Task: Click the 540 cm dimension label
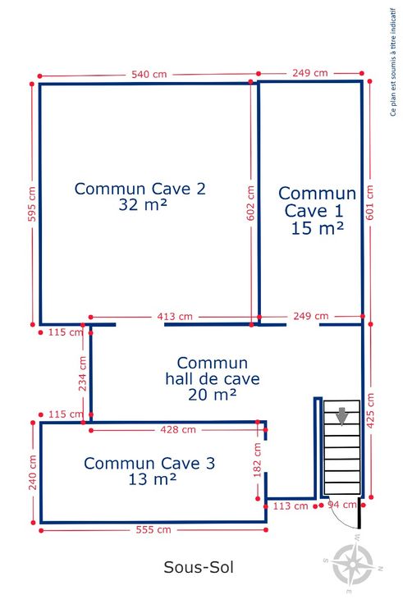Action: coord(149,74)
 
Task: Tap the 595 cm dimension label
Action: coord(32,204)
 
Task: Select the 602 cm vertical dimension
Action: coord(250,203)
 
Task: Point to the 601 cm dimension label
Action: coord(370,202)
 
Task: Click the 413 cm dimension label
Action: coord(175,317)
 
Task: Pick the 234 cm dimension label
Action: coord(82,373)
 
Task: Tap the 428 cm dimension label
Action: coord(178,429)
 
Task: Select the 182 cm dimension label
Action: coord(258,460)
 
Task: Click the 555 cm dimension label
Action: coord(153,529)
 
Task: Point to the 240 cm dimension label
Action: coord(33,473)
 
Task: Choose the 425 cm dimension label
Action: coord(370,410)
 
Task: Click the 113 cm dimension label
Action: coord(291,506)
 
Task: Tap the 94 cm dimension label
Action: coord(342,505)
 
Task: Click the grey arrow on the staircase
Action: coord(342,416)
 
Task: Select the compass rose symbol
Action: coord(353,564)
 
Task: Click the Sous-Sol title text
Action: coord(199,567)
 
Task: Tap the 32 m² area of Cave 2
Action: coord(143,204)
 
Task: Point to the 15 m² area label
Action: coord(317,228)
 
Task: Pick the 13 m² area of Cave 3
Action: coord(152,479)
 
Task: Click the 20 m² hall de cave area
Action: coord(213,395)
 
